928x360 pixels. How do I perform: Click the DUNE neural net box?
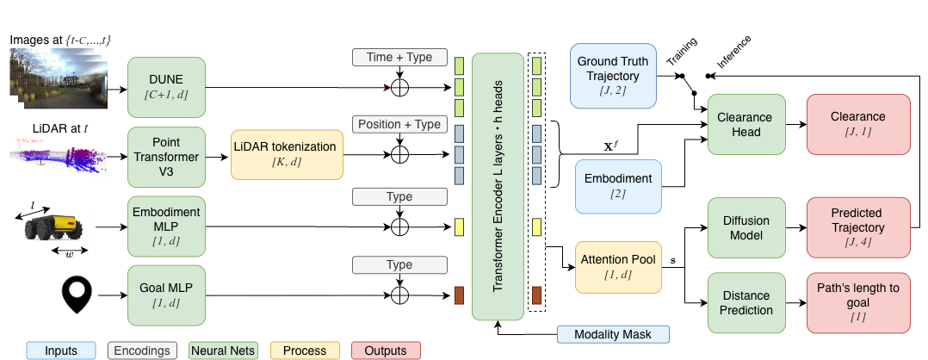point(167,86)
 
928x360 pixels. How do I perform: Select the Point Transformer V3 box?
point(167,156)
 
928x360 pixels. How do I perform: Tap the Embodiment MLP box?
point(167,227)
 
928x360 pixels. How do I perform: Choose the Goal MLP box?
point(167,295)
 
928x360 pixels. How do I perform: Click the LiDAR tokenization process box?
point(286,156)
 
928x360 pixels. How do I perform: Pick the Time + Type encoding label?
point(399,58)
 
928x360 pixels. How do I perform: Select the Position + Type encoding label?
point(399,124)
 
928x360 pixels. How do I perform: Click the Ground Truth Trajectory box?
point(613,77)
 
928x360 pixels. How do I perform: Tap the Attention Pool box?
point(617,265)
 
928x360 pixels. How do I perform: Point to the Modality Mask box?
point(613,334)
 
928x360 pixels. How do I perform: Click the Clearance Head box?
point(745,124)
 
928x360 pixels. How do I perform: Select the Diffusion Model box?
point(745,227)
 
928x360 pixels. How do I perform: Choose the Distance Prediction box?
point(745,302)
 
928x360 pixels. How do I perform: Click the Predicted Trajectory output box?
point(857,227)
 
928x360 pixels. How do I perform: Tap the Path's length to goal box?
point(857,302)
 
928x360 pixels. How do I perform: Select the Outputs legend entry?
point(386,351)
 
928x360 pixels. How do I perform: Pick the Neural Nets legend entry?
point(222,351)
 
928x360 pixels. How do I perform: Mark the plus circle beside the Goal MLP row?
point(399,295)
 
